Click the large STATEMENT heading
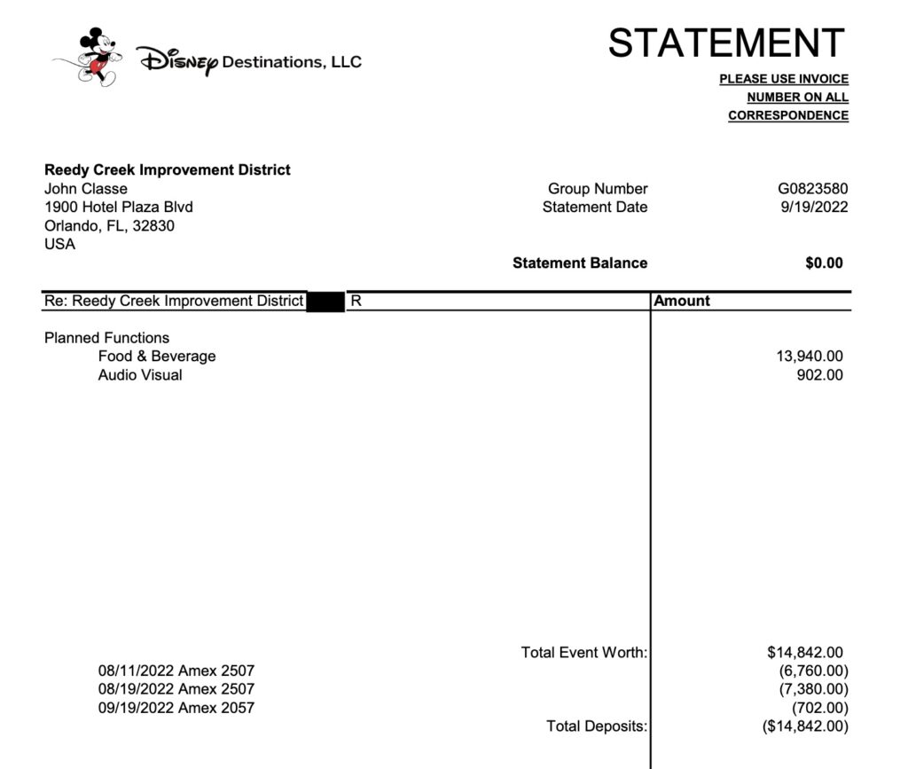pyautogui.click(x=726, y=43)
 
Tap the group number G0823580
pyautogui.click(x=812, y=189)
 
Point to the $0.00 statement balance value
pyautogui.click(x=824, y=263)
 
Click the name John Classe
pyautogui.click(x=86, y=189)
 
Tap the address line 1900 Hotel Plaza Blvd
pyautogui.click(x=119, y=208)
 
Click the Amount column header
pyautogui.click(x=682, y=302)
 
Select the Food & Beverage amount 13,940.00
pyautogui.click(x=809, y=357)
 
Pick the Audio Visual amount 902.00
pyautogui.click(x=820, y=375)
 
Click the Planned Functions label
pyautogui.click(x=106, y=338)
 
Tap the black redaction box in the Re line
pyautogui.click(x=325, y=302)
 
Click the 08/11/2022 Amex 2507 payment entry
pyautogui.click(x=176, y=671)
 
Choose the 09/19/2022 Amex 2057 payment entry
pyautogui.click(x=176, y=708)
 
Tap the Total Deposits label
pyautogui.click(x=597, y=726)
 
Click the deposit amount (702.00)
pyautogui.click(x=819, y=708)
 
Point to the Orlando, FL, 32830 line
pyautogui.click(x=109, y=226)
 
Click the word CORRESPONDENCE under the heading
pyautogui.click(x=788, y=116)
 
